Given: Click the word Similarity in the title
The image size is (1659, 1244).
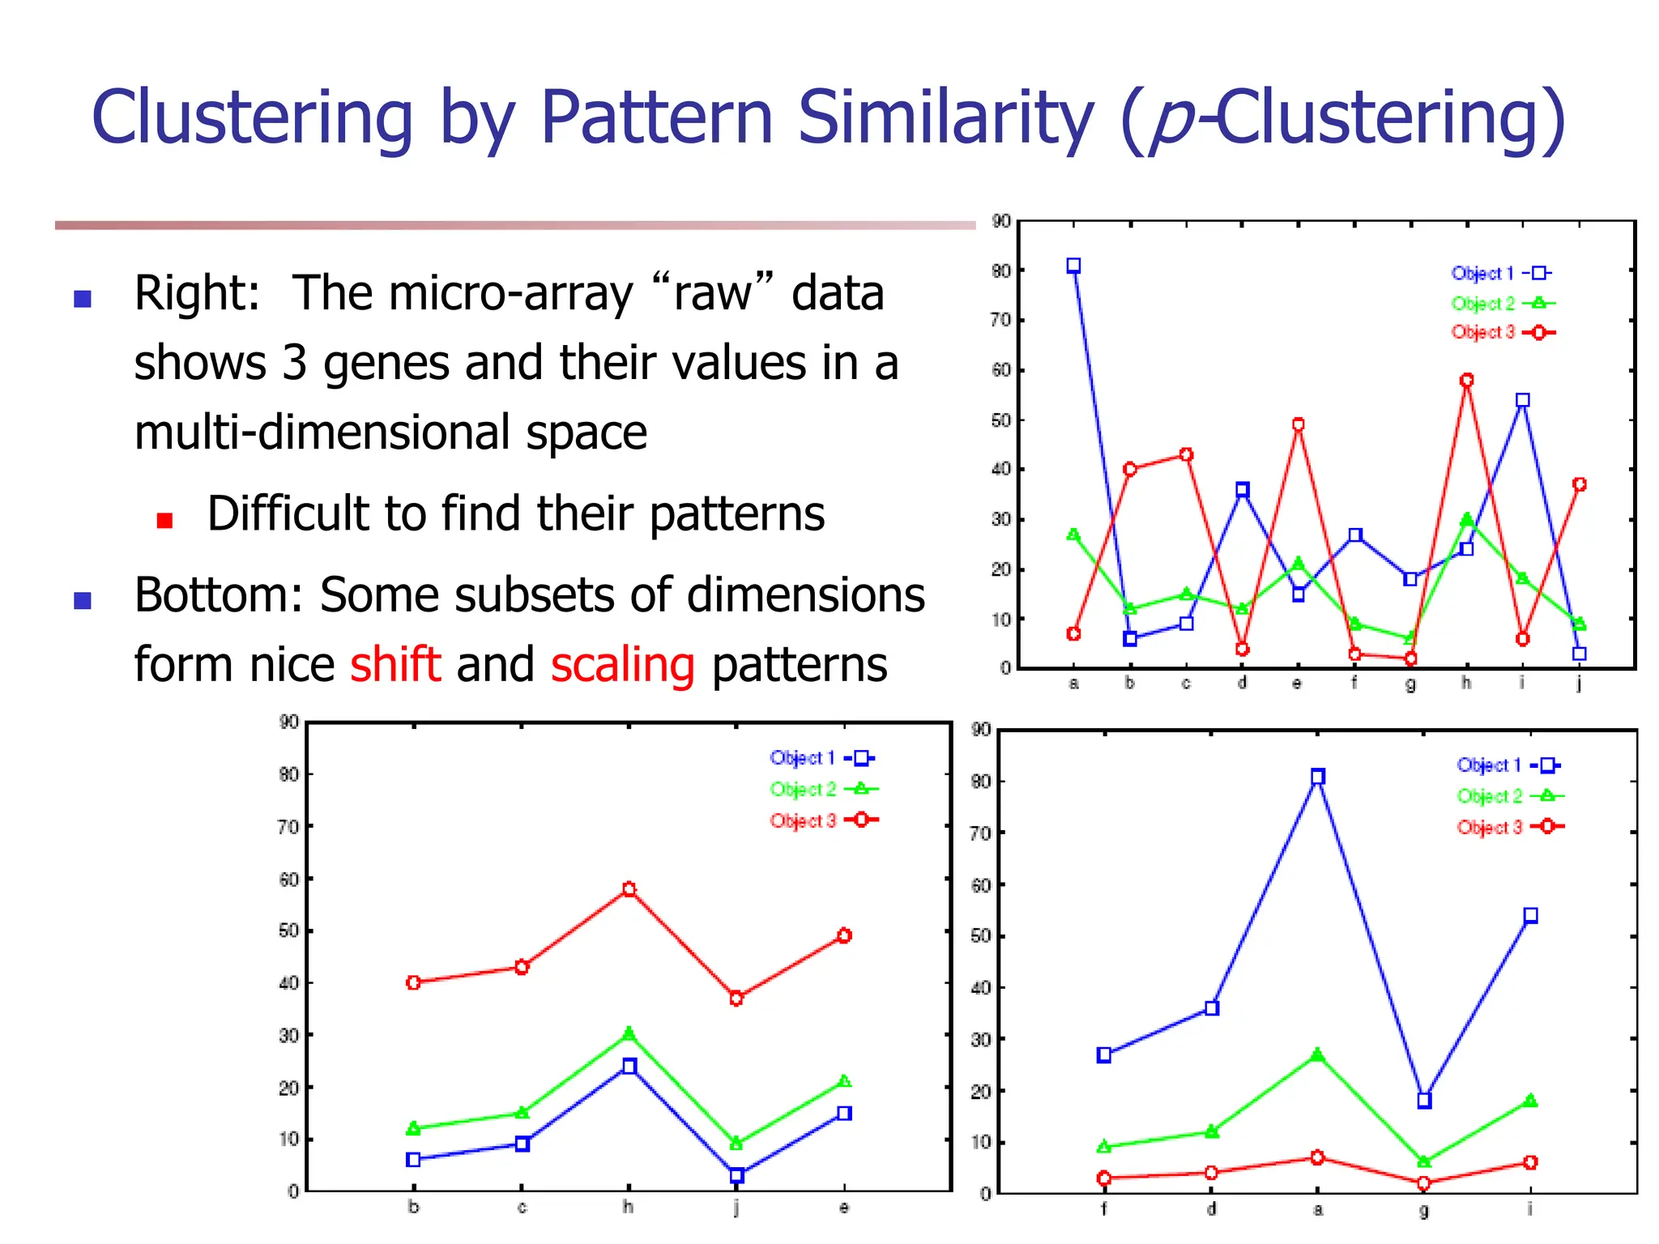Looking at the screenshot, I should (945, 118).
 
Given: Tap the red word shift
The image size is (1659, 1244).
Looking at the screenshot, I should (395, 665).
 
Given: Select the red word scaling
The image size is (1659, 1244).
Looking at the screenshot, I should (622, 665).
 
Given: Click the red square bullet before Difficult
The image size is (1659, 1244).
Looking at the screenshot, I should (165, 521).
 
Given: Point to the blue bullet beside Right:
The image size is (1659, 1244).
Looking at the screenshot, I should (83, 299).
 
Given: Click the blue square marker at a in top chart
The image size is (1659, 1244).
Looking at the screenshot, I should (1073, 266).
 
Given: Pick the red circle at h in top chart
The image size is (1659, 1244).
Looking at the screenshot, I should (1466, 380).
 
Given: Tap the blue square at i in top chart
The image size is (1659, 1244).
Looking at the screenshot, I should (1522, 400).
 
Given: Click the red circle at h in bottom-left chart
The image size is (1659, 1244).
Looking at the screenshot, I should (629, 888).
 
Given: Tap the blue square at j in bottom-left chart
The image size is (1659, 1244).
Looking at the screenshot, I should (736, 1175).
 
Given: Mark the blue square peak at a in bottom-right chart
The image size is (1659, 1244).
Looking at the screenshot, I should (1318, 777).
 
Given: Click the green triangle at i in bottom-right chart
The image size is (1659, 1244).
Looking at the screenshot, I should (1530, 1101).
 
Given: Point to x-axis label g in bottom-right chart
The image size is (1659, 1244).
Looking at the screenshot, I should (1424, 1210).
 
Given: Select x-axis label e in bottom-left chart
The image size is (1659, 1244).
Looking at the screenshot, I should (844, 1208).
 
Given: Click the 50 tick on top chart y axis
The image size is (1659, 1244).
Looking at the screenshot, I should (1001, 420).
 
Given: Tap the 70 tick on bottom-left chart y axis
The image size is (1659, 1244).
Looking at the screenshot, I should (289, 827).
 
